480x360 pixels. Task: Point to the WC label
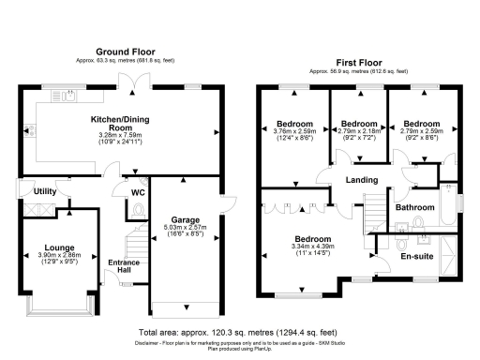point(137,193)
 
